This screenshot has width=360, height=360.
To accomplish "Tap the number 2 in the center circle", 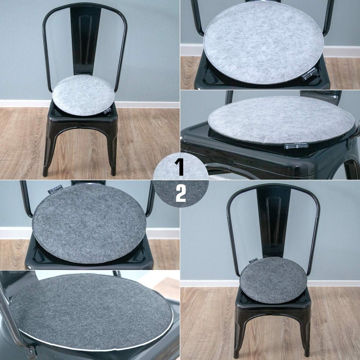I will point(180,194).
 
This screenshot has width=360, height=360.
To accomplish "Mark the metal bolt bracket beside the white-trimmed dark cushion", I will point(31,350).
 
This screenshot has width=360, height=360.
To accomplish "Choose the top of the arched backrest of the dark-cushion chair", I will point(273,185).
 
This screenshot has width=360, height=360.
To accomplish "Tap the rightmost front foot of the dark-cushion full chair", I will point(306,353).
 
